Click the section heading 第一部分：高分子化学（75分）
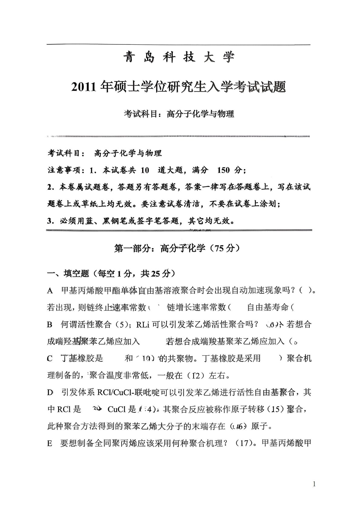click(x=177, y=248)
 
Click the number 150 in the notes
click(x=223, y=170)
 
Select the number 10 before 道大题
click(x=145, y=170)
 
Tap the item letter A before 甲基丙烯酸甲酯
click(x=50, y=291)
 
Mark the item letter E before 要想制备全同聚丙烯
click(x=50, y=444)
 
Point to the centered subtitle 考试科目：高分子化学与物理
click(x=179, y=114)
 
